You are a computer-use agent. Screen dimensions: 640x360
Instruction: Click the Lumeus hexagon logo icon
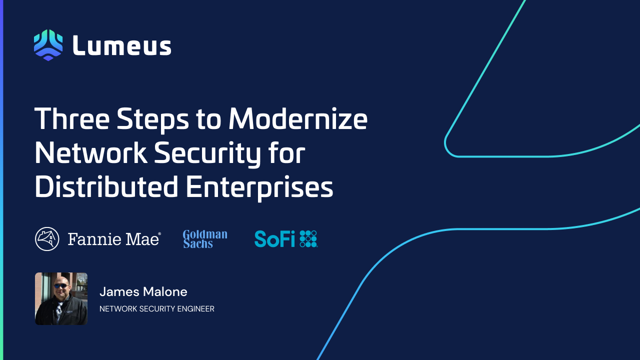tap(48, 45)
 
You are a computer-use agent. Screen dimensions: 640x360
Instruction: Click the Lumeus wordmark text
tap(122, 45)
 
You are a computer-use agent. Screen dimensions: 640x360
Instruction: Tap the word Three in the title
tap(72, 118)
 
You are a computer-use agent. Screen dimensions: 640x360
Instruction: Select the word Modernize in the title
tap(298, 118)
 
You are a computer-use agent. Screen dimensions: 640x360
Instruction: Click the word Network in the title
tap(91, 153)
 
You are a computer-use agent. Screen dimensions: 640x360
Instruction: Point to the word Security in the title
tap(207, 154)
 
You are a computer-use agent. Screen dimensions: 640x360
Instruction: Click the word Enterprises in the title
tap(259, 188)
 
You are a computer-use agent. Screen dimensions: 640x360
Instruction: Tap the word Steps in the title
tap(153, 120)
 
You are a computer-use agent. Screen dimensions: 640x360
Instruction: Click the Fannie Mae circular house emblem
tap(47, 239)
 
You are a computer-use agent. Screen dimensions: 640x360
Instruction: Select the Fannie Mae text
tap(114, 239)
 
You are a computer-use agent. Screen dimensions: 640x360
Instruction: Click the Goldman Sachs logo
tap(205, 239)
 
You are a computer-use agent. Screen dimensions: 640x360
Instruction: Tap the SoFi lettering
tap(274, 239)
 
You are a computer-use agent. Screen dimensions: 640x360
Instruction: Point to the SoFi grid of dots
tap(308, 239)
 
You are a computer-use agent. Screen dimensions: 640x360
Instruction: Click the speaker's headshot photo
tap(61, 298)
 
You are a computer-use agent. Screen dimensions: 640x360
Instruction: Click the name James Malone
tap(143, 291)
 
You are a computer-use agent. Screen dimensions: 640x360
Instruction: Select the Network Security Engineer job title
tap(157, 309)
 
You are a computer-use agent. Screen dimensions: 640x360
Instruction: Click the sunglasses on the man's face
tap(61, 285)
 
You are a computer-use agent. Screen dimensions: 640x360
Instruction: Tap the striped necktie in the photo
tap(59, 311)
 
